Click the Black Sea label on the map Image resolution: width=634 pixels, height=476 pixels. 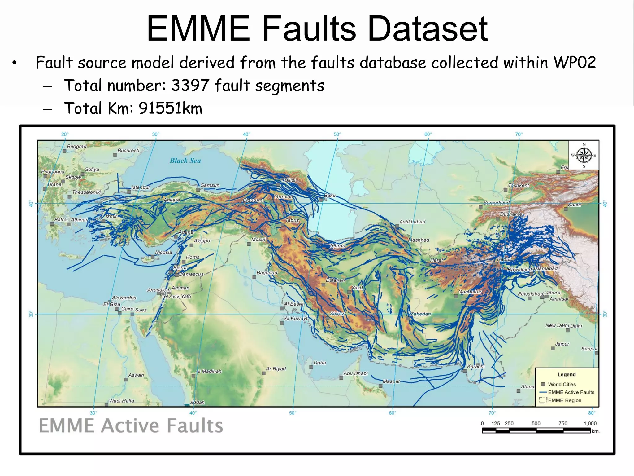[185, 161]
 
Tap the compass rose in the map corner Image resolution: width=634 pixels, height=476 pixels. [584, 155]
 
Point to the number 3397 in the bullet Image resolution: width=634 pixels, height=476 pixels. [190, 86]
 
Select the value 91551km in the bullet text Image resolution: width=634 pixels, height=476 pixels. [170, 108]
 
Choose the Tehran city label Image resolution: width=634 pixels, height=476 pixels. [337, 246]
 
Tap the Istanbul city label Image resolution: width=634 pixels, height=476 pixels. [140, 187]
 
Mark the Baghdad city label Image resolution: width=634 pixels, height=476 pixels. [267, 273]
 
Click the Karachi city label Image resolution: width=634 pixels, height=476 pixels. [476, 367]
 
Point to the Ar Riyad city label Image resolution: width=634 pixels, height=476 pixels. [276, 369]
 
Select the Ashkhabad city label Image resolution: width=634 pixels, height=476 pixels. [412, 222]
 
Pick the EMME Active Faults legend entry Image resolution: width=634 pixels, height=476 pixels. [571, 392]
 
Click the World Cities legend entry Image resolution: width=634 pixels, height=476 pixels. [562, 384]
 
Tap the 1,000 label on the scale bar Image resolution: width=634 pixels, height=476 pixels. [590, 424]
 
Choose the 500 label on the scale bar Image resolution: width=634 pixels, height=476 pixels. [536, 424]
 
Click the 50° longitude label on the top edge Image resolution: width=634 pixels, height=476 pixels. [337, 134]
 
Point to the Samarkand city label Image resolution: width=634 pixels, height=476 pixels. [496, 203]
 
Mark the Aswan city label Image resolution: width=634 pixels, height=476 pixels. [136, 375]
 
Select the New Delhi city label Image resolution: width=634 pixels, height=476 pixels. [557, 325]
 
